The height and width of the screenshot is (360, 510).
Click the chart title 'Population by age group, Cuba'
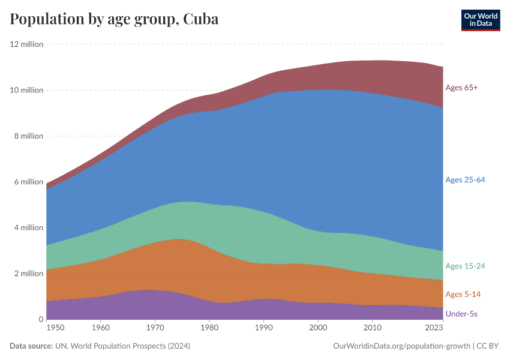[114, 19]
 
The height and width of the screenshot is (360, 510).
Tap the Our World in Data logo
[480, 20]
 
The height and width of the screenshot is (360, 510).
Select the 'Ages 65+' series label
[461, 88]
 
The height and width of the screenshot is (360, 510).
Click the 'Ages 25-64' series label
[465, 180]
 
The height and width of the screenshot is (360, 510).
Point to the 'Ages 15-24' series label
[465, 266]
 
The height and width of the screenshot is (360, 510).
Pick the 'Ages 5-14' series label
[463, 294]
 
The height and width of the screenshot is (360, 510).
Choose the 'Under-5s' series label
[461, 314]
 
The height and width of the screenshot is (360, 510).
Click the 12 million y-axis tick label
[26, 44]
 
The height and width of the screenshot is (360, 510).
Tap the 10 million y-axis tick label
[26, 90]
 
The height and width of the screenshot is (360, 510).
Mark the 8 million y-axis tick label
[28, 136]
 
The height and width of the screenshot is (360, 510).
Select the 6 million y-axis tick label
[28, 182]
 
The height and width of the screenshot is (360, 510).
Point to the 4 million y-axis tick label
[28, 227]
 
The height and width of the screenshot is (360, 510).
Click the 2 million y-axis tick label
[28, 274]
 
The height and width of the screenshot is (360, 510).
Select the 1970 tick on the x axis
[155, 328]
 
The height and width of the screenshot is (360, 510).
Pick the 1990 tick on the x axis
[264, 328]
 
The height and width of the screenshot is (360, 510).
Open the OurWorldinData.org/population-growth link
[400, 346]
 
